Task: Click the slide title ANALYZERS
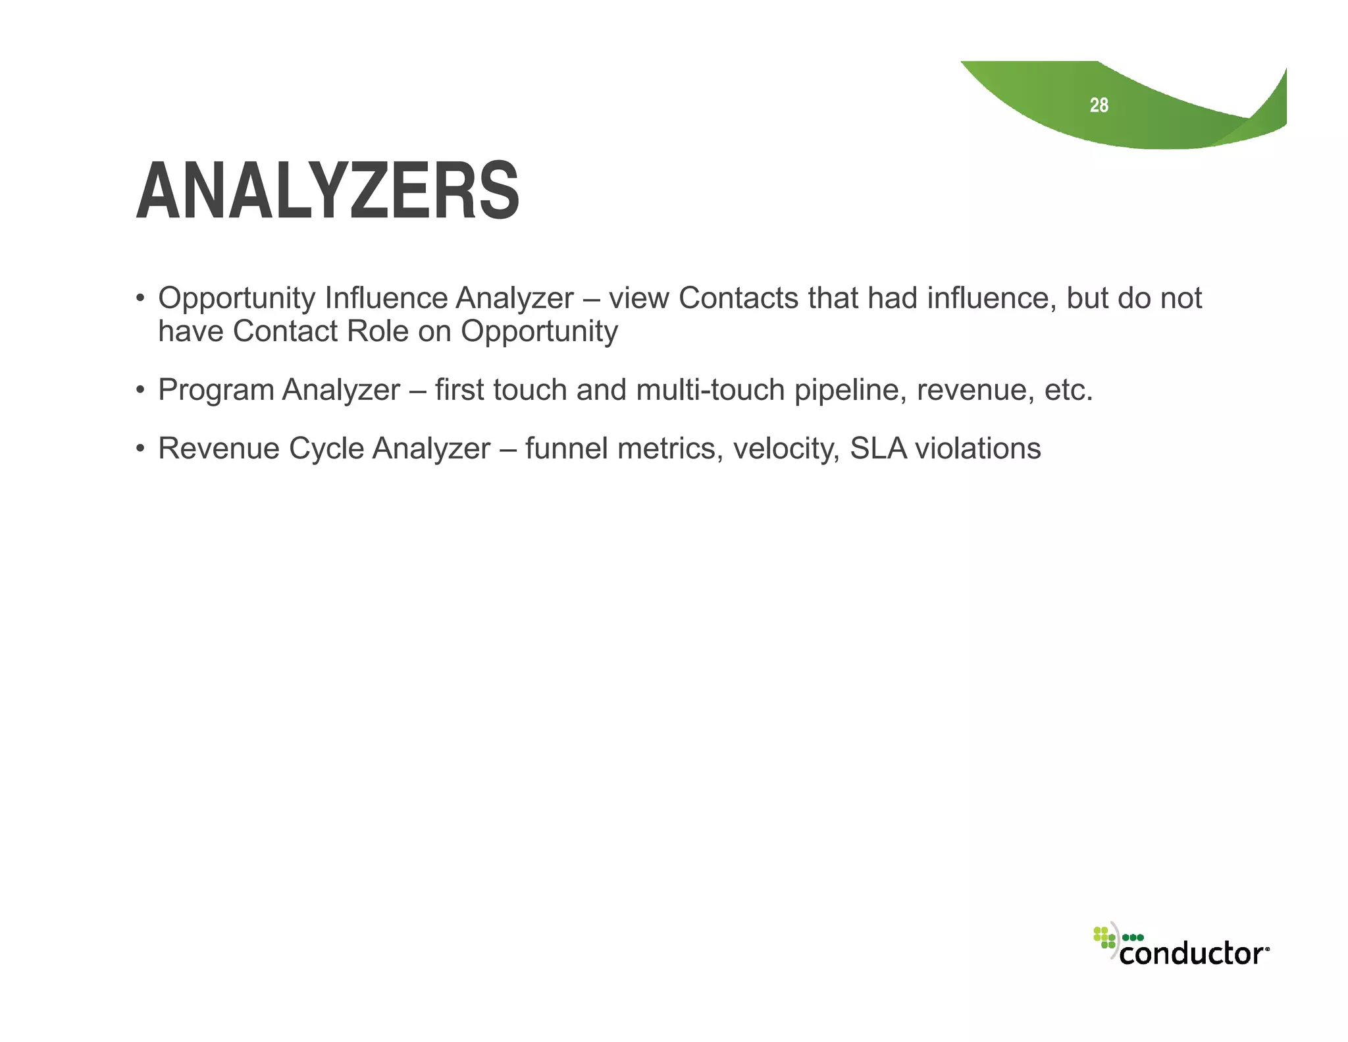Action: pos(328,192)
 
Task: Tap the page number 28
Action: pos(1099,105)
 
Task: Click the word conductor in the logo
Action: pos(1193,953)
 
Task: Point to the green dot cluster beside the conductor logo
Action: pos(1104,937)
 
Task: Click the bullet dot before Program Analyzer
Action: pos(140,390)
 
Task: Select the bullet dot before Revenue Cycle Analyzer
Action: pos(140,449)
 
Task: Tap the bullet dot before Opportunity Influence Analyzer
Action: pos(140,298)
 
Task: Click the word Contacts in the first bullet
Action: pos(738,298)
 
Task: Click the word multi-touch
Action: pos(710,390)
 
